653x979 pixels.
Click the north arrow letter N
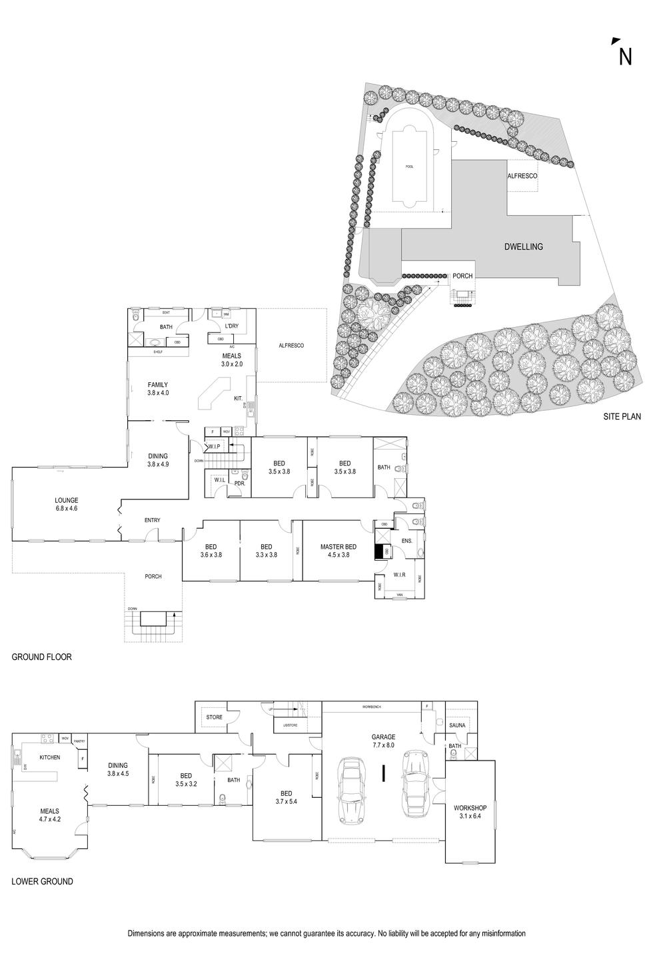coord(625,57)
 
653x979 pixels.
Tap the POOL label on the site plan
coord(408,166)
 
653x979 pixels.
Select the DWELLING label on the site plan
coord(523,246)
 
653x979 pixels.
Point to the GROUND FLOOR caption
coord(41,657)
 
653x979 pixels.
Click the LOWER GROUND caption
coord(42,881)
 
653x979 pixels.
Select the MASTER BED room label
coord(338,550)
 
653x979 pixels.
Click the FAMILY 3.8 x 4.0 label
coord(158,388)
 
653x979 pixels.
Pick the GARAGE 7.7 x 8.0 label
coord(383,741)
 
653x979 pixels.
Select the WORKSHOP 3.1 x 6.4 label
coord(470,811)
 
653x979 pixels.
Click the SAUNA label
coord(457,725)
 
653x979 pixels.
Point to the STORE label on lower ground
coord(214,717)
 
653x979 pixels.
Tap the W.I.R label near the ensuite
coord(400,574)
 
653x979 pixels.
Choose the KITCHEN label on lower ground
coord(50,757)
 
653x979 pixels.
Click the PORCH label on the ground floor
coord(153,576)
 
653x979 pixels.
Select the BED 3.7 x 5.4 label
coord(287,797)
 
